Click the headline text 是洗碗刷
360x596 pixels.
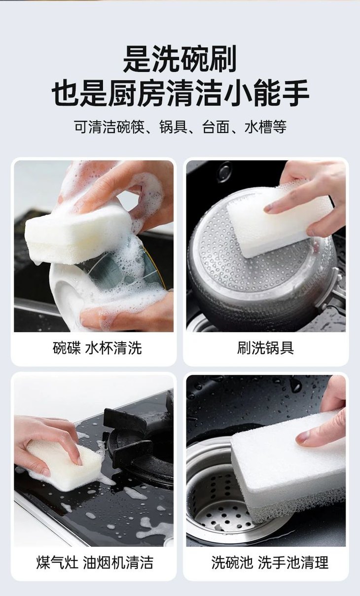(180, 59)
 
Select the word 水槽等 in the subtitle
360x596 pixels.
(265, 127)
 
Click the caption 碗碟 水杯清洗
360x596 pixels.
(97, 348)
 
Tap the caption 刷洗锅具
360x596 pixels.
(265, 348)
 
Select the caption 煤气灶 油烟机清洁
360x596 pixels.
(95, 562)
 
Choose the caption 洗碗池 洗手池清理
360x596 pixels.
(270, 562)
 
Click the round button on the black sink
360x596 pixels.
(225, 170)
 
